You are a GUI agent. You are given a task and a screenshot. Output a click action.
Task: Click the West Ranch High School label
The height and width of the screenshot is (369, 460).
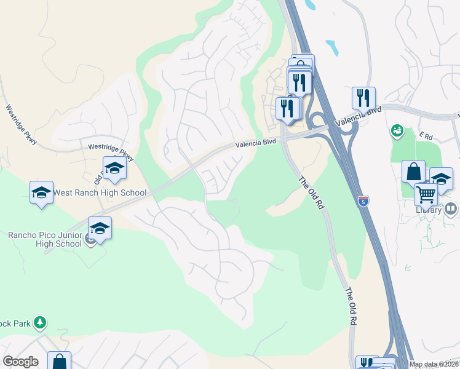(100, 192)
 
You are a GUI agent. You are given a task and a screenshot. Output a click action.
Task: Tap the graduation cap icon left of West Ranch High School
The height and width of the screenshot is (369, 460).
(41, 192)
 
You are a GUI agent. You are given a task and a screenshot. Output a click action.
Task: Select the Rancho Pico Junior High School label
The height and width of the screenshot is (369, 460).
(44, 239)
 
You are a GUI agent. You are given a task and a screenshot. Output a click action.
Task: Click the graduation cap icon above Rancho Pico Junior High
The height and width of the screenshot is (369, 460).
(100, 228)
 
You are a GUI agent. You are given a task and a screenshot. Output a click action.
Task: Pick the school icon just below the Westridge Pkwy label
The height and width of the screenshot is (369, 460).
(114, 168)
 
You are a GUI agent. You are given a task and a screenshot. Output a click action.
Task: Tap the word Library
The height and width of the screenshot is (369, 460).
(429, 210)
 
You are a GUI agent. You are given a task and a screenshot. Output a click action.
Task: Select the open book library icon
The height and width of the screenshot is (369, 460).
(451, 210)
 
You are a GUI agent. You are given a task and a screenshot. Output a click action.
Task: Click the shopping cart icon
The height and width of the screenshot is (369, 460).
(426, 194)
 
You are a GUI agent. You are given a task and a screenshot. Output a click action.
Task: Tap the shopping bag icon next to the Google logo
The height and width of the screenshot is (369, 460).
(59, 362)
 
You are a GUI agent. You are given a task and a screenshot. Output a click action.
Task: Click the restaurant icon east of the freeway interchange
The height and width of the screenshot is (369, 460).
(363, 97)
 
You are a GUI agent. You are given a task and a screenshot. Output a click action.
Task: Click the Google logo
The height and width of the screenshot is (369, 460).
(20, 362)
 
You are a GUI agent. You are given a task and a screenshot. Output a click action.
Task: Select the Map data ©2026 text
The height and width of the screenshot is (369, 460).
(433, 364)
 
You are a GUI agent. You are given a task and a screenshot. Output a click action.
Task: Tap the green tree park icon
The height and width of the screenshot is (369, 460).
(40, 322)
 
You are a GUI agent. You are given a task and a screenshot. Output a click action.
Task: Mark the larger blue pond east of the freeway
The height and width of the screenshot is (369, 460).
(332, 47)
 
